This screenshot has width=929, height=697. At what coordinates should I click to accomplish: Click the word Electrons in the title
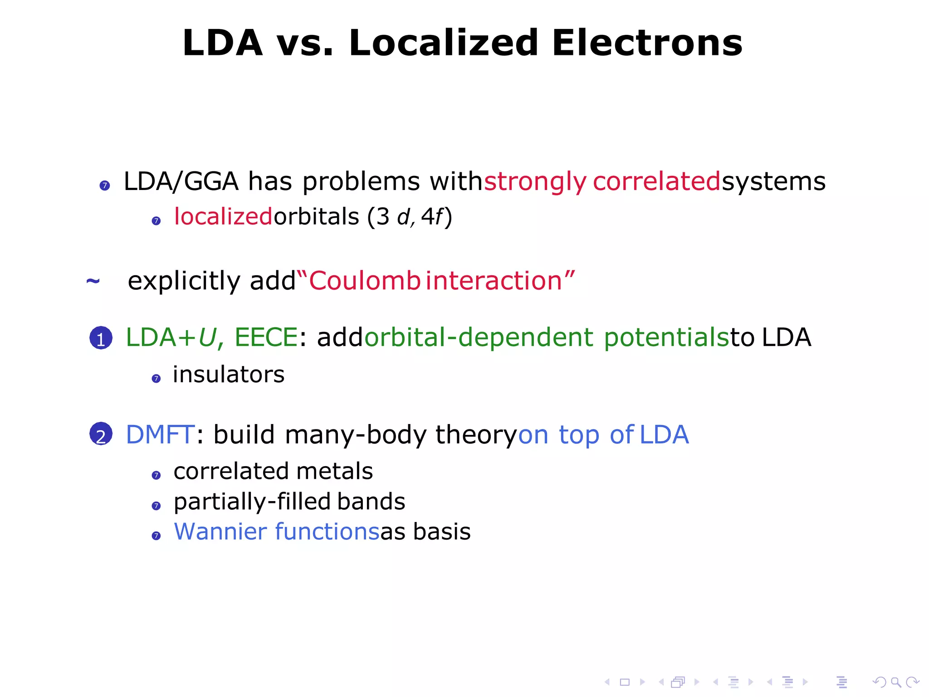647,43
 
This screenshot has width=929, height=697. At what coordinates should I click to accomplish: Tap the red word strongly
535,181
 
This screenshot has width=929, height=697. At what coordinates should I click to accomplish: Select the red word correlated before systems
656,181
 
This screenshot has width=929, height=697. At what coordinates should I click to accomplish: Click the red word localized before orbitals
223,216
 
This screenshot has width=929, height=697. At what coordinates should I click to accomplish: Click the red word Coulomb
364,280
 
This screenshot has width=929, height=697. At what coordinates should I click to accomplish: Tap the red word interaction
494,280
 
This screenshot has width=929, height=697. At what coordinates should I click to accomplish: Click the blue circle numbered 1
101,338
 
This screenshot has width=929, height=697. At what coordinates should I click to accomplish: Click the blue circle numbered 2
101,434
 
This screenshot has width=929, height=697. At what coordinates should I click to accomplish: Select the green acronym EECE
266,337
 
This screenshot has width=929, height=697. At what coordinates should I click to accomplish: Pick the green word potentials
666,338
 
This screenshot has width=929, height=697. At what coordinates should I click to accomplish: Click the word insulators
229,375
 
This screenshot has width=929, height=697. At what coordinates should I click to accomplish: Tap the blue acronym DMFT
160,434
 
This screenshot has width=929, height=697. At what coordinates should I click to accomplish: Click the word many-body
356,434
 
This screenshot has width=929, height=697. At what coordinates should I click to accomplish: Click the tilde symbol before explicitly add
93,281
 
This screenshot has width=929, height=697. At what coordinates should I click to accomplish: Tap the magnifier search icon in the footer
896,682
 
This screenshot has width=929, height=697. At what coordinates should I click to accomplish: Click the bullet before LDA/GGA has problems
105,185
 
